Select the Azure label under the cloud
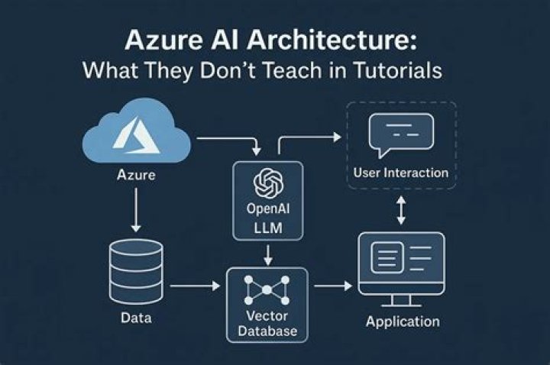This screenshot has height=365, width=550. point(136,176)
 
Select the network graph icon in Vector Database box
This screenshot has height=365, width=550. point(267,292)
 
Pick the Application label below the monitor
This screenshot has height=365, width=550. point(403,321)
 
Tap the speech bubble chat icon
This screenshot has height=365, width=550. point(401,134)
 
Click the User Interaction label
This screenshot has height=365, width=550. point(401,173)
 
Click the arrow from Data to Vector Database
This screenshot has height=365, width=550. point(195,287)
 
